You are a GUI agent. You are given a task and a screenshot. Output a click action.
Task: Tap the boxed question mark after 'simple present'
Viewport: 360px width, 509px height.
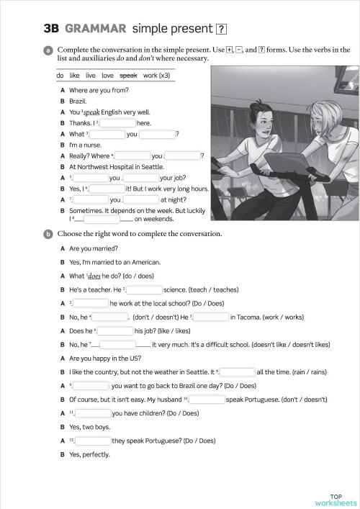(222, 30)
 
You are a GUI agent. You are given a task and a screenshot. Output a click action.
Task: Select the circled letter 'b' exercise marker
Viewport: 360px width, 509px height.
(47, 234)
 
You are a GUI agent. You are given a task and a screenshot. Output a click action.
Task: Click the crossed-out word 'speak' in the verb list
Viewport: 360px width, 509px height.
(128, 75)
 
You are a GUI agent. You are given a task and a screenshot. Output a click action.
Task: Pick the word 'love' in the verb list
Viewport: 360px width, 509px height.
(107, 75)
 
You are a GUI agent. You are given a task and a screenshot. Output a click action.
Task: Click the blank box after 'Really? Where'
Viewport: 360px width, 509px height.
(132, 156)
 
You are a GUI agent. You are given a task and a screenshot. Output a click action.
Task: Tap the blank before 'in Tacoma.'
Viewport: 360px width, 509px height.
(210, 317)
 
